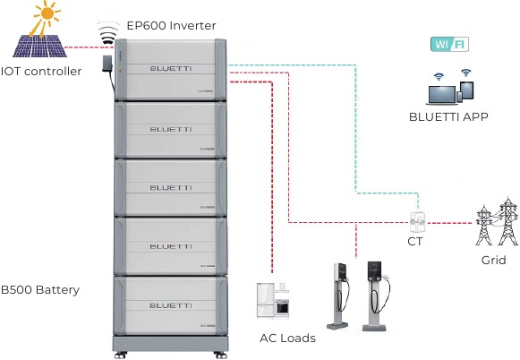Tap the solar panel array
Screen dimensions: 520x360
pos(40,46)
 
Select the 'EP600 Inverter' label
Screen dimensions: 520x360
pos(171,26)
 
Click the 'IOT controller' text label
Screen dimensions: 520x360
pos(41,71)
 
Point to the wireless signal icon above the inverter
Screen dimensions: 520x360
pos(108,33)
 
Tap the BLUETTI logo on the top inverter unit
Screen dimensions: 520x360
pos(171,69)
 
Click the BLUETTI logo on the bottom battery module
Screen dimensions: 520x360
pos(171,305)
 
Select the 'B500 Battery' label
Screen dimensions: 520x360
pos(40,289)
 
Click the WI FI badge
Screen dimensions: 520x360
pos(449,45)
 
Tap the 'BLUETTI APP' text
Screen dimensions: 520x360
pos(448,117)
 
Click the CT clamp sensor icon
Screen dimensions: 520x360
pos(418,222)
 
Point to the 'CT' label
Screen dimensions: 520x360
pos(415,242)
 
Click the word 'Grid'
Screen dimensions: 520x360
pos(493,260)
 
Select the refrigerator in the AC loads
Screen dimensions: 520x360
pos(266,300)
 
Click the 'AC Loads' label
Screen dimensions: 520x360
pos(287,339)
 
